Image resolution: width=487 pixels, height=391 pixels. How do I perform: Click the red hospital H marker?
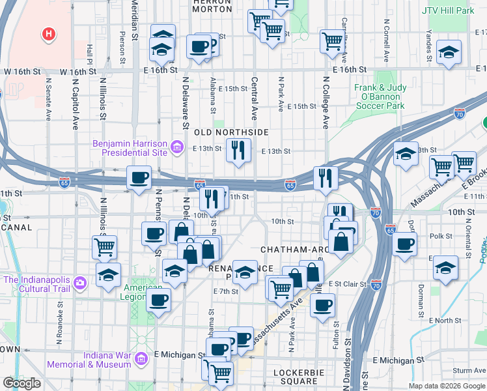[48, 33]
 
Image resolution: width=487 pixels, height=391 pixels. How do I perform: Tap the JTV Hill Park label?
[447, 11]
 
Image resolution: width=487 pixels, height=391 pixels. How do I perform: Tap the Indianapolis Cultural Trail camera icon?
[80, 283]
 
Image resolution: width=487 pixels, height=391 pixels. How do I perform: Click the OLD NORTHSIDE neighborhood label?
[231, 132]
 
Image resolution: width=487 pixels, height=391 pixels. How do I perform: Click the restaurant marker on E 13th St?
[238, 151]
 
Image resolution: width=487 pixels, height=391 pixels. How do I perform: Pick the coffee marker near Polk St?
[405, 244]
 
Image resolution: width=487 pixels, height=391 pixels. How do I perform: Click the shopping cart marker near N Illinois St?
[104, 247]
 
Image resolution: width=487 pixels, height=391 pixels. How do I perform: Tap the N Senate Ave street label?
[48, 101]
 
